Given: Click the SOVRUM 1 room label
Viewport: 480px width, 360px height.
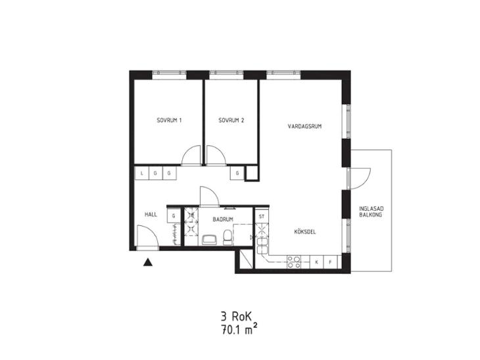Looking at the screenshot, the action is [169, 120].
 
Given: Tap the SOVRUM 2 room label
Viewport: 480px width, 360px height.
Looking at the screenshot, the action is [231, 120].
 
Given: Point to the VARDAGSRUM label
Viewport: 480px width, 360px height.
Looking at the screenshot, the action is [304, 126].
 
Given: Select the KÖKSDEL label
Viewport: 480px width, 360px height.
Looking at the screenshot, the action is [305, 231].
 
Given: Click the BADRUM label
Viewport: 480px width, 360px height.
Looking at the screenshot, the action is [223, 219].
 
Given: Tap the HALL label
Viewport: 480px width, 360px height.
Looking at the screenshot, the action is [151, 214].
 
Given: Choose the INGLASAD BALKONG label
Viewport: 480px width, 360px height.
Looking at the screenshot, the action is [371, 212].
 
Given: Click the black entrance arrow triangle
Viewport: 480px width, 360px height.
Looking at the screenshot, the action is [148, 262].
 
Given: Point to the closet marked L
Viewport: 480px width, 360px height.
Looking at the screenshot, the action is [142, 173].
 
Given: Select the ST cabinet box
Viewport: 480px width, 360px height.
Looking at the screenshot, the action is [262, 217].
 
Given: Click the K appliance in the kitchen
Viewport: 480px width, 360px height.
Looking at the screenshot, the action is [317, 262].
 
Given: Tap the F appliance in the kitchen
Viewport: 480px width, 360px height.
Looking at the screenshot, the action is [330, 262].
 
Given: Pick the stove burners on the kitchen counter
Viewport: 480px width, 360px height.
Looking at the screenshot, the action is [293, 262].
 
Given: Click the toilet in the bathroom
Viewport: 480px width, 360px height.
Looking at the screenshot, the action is [227, 238].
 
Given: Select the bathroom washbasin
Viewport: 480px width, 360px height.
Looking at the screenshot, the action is [210, 240].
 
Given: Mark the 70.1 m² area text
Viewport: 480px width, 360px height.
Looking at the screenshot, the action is [239, 330].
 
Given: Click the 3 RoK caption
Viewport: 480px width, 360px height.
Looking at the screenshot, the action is [235, 316].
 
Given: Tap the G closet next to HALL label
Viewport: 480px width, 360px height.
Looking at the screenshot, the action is [174, 216].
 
